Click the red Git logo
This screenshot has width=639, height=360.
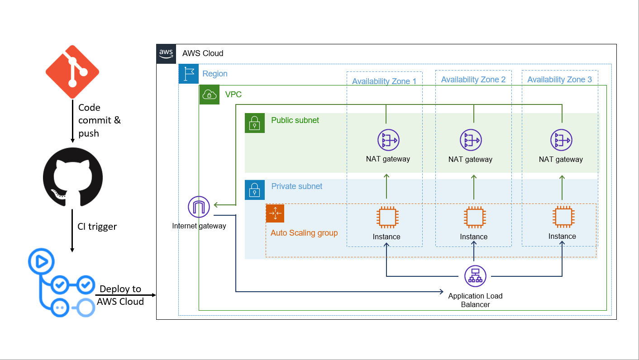click(72, 71)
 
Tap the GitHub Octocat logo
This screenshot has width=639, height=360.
click(73, 177)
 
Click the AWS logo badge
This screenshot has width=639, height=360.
click(166, 53)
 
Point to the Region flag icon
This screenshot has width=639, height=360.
click(189, 74)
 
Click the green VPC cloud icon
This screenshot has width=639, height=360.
click(210, 95)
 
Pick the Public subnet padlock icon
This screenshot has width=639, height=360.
click(255, 123)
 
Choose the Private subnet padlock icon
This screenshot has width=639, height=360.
click(255, 189)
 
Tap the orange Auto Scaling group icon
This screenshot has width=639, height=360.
click(275, 213)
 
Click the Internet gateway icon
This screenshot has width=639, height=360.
click(199, 207)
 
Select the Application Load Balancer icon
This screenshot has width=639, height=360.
click(475, 276)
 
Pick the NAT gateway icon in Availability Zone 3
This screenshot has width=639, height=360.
click(561, 140)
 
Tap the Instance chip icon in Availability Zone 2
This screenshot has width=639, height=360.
click(474, 218)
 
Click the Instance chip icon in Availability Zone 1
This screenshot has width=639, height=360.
click(387, 218)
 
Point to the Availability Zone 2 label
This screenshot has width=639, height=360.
click(473, 80)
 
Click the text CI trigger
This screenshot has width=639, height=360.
click(97, 227)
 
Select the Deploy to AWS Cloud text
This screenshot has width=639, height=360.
click(120, 295)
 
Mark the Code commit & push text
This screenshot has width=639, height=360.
click(100, 120)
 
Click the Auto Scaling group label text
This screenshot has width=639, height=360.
click(304, 233)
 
